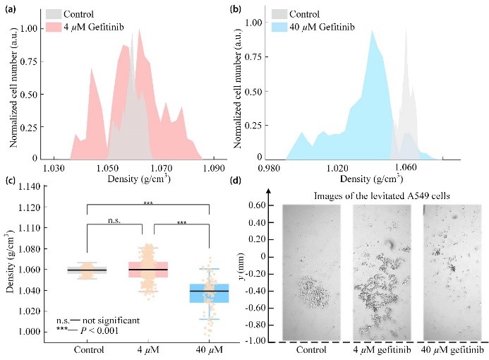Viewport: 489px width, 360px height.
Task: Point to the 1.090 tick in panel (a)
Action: (214, 169)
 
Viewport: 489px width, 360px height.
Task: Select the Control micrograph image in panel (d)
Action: (310, 272)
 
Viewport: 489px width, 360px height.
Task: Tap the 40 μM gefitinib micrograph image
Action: (448, 272)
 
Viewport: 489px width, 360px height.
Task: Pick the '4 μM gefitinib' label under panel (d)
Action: (381, 351)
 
